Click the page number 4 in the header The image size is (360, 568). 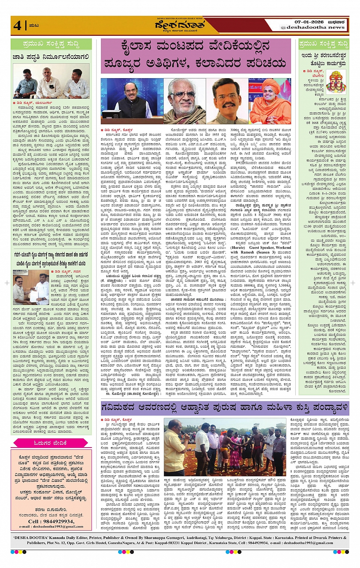(x=17, y=25)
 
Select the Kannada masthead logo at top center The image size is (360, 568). (x=179, y=26)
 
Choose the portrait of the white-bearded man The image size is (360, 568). (x=184, y=101)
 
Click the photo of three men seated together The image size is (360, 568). (x=51, y=81)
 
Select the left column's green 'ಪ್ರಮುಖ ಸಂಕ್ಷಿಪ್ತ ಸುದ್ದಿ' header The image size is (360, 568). (x=51, y=44)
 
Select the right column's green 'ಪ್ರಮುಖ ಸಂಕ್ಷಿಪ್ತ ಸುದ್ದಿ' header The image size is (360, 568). (x=323, y=44)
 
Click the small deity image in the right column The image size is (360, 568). (x=336, y=81)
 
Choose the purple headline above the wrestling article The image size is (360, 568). (x=225, y=408)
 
